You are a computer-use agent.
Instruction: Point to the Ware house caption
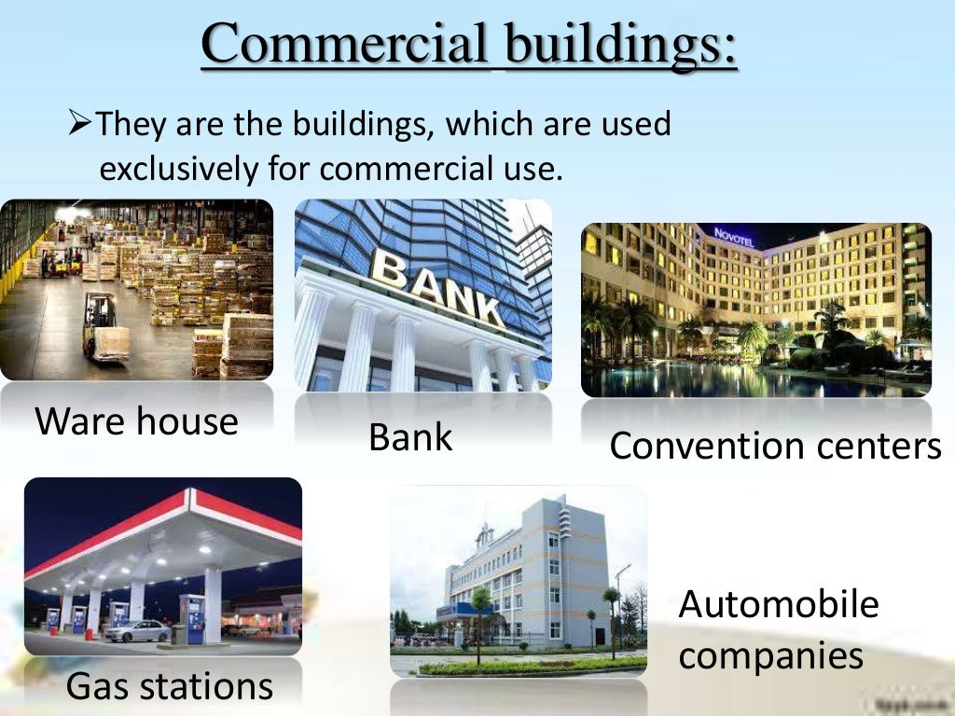(x=136, y=421)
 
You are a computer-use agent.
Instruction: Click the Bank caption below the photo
(x=410, y=436)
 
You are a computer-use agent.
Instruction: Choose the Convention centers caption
(x=775, y=446)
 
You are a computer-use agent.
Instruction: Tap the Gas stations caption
(x=169, y=686)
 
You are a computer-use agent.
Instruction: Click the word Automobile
(x=778, y=604)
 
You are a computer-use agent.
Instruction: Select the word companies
(x=770, y=655)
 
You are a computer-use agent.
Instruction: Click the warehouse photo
(x=136, y=289)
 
